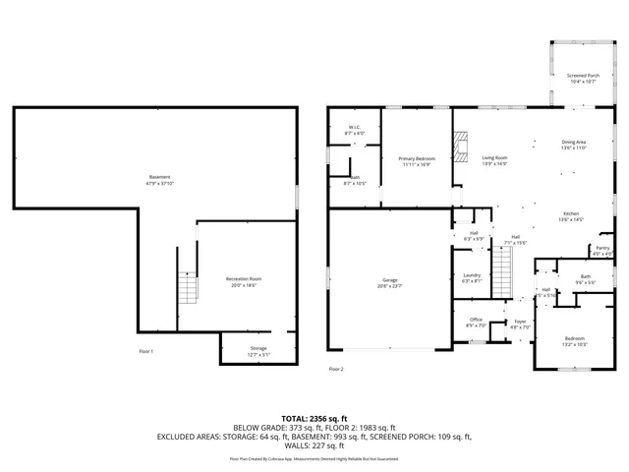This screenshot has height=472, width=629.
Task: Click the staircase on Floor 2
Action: [x=502, y=270]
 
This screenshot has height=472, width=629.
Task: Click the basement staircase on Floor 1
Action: [x=187, y=288]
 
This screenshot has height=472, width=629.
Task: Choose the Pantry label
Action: [x=602, y=250]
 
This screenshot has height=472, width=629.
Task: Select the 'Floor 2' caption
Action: [x=336, y=369]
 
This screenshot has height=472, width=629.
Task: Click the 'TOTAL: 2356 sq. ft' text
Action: [x=314, y=418]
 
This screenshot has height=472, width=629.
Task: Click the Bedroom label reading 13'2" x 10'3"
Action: [x=573, y=343]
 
